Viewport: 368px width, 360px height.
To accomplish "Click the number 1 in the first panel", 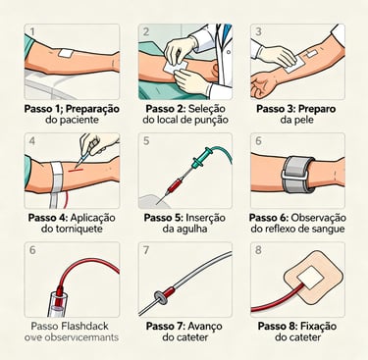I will click(33, 32).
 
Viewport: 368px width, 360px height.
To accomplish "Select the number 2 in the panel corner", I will click(145, 32).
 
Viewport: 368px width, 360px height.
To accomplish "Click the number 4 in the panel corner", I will click(33, 141).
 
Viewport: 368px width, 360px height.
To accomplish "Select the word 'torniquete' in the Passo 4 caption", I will click(79, 230).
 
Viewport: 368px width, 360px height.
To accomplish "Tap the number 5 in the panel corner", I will click(145, 141).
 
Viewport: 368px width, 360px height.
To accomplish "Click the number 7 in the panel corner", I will click(145, 251).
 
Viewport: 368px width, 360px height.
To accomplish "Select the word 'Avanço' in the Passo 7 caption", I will click(208, 325).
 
